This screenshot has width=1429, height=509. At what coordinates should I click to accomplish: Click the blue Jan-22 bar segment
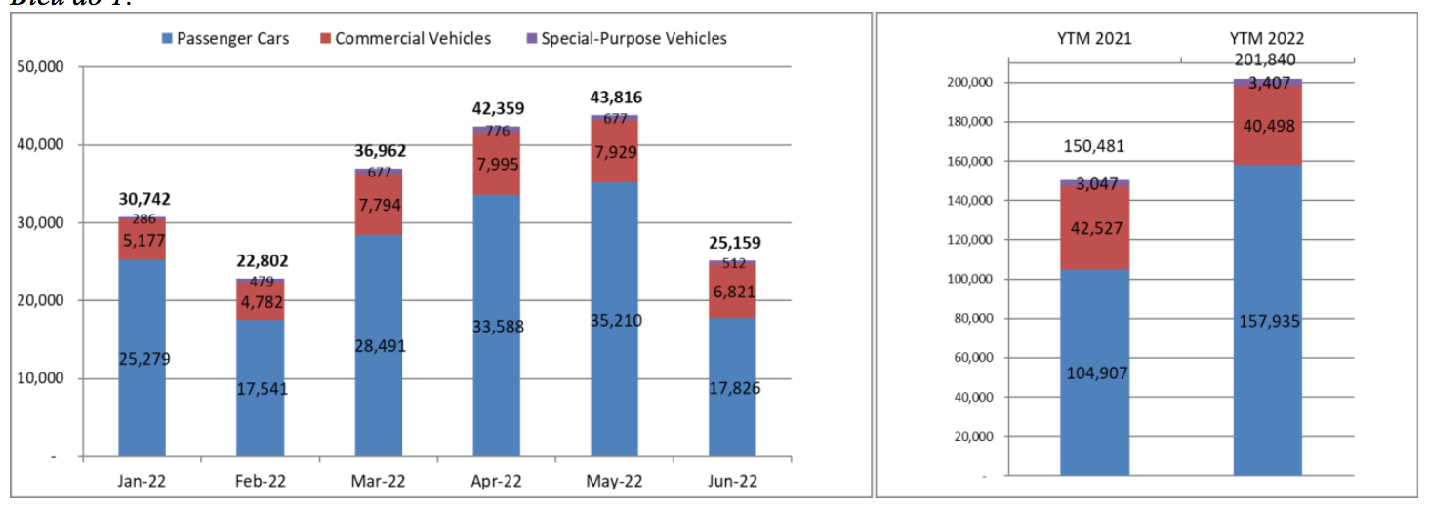[x=143, y=358]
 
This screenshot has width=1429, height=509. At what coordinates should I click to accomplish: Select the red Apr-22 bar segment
[x=497, y=163]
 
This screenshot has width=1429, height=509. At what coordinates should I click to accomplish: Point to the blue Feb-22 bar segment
[x=261, y=388]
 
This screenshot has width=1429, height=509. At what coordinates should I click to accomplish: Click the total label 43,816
[x=615, y=98]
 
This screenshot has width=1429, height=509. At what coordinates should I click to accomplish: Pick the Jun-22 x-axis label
[x=733, y=481]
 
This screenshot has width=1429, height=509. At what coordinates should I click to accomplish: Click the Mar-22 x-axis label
[x=379, y=481]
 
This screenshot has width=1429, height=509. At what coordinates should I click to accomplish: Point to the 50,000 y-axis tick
[x=40, y=67]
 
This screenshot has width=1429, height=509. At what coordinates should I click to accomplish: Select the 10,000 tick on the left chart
[x=40, y=378]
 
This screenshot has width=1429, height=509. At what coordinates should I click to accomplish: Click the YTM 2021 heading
[x=1094, y=39]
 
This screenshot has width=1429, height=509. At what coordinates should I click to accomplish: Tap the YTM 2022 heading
[x=1266, y=39]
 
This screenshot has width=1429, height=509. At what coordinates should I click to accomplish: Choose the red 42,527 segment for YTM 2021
[x=1094, y=227]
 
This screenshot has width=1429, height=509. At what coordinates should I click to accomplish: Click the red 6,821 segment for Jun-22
[x=733, y=291]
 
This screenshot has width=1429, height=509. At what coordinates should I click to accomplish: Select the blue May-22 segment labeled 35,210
[x=615, y=320]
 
